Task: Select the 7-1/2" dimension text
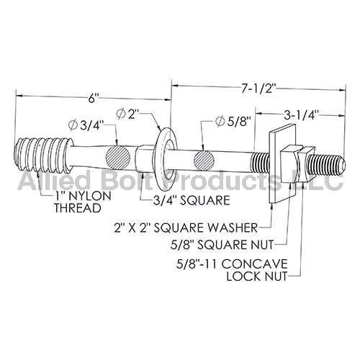point(258,89)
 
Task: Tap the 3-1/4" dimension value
point(302,115)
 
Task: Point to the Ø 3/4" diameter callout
point(86,126)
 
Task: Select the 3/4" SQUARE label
point(192,200)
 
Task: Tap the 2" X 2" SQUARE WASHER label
point(186,228)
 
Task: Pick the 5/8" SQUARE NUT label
point(222,245)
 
